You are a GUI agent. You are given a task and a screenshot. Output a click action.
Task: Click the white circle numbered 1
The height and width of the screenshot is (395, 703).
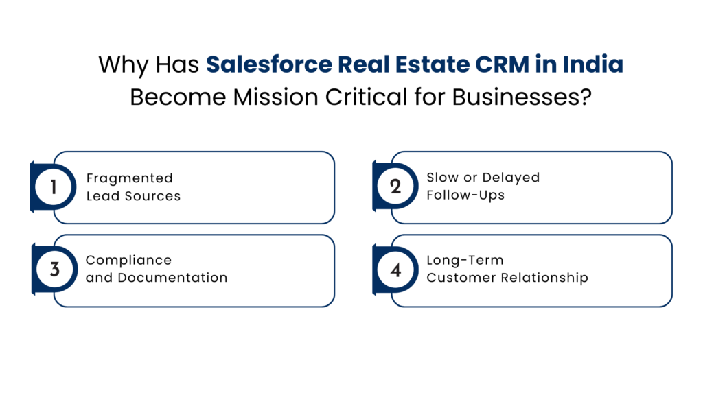point(54,187)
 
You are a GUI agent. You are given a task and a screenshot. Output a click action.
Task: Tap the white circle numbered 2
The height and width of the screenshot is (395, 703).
point(395,187)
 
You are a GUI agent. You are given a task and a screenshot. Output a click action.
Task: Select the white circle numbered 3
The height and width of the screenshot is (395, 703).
point(54,269)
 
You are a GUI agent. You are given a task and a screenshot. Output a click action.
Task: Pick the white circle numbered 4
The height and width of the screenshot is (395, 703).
point(395,269)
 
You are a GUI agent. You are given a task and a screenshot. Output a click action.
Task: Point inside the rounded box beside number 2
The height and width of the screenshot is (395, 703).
point(542,187)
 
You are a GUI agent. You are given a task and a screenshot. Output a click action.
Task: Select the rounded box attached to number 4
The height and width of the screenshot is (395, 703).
point(542,270)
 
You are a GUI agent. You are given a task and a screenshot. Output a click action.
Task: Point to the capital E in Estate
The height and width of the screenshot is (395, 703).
point(401,65)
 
